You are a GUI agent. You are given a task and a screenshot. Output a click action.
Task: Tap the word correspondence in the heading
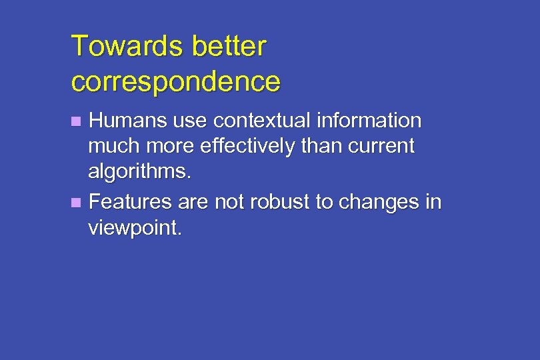[175, 81]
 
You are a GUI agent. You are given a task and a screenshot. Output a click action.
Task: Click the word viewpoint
[134, 229]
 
